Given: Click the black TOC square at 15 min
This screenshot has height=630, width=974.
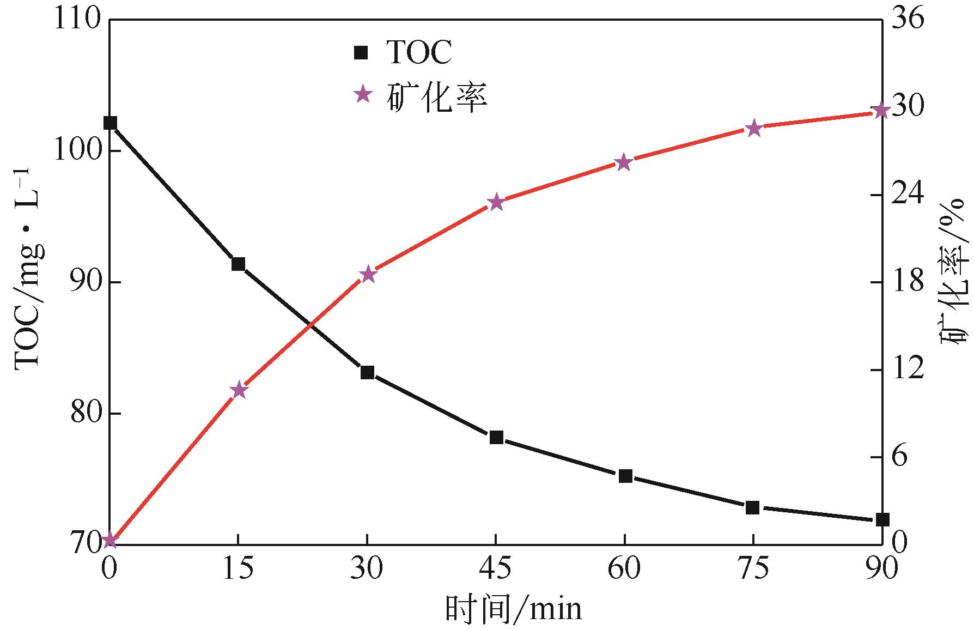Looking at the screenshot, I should point(238,264).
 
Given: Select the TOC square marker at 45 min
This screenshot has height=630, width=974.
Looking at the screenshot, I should point(496,438).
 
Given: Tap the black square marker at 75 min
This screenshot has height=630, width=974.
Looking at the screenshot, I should point(753,507).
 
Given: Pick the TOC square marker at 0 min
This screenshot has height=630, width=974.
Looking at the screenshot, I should point(110,123).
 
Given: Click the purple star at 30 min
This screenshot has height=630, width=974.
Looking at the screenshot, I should point(368,274).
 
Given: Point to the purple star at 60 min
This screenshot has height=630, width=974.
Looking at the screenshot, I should point(624,163).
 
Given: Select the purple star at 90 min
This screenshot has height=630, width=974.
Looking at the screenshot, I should point(880,111).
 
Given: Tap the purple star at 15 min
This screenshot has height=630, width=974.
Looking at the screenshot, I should point(239,390).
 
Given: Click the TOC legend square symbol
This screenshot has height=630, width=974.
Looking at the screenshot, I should point(361,53).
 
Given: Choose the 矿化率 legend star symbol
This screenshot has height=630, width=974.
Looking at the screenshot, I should point(362,95).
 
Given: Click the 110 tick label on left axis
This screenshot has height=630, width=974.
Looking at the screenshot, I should point(78,20).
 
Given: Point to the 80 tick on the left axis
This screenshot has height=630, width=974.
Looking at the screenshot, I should point(86,414).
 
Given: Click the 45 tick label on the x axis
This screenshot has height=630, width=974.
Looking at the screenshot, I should point(496,569).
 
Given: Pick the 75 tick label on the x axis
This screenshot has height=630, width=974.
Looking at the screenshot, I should point(753,569).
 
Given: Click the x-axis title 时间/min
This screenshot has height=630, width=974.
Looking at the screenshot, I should point(513,609).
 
